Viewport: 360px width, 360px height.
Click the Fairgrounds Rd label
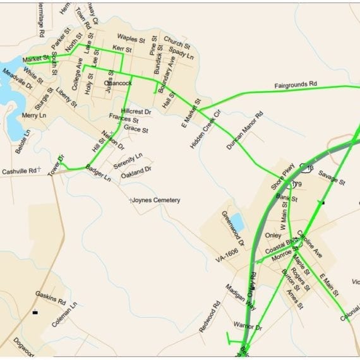click(295, 85)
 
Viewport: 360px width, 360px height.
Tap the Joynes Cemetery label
click(156, 200)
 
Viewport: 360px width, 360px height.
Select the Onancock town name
click(118, 83)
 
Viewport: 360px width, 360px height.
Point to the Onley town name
click(273, 235)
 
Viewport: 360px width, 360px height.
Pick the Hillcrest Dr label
click(136, 111)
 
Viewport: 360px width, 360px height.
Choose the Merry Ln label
click(34, 116)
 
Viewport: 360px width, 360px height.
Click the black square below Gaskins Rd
click(35, 312)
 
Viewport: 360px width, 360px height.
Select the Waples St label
click(131, 39)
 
